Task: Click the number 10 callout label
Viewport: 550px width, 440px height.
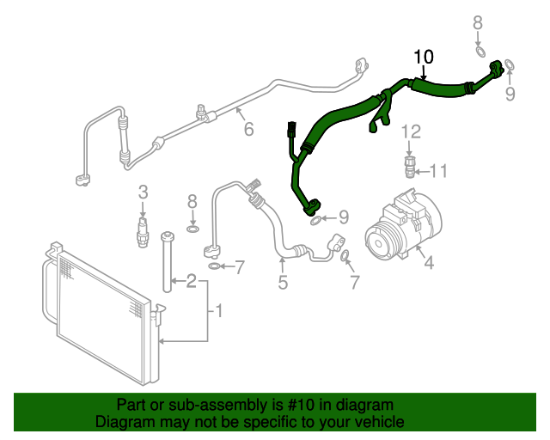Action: (424, 58)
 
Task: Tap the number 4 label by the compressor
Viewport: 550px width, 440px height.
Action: (428, 264)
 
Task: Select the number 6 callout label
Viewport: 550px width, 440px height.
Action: (248, 130)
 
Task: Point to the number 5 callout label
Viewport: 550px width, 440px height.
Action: (282, 283)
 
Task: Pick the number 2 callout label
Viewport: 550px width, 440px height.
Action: (191, 280)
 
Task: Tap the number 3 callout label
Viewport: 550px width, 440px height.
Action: (144, 191)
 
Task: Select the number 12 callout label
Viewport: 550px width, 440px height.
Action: (412, 131)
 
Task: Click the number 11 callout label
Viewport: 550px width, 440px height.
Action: (438, 171)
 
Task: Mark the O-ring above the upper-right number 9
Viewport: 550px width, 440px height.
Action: (509, 64)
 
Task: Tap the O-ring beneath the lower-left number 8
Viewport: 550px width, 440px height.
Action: (193, 229)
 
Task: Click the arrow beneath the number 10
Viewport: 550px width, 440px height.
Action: (424, 72)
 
